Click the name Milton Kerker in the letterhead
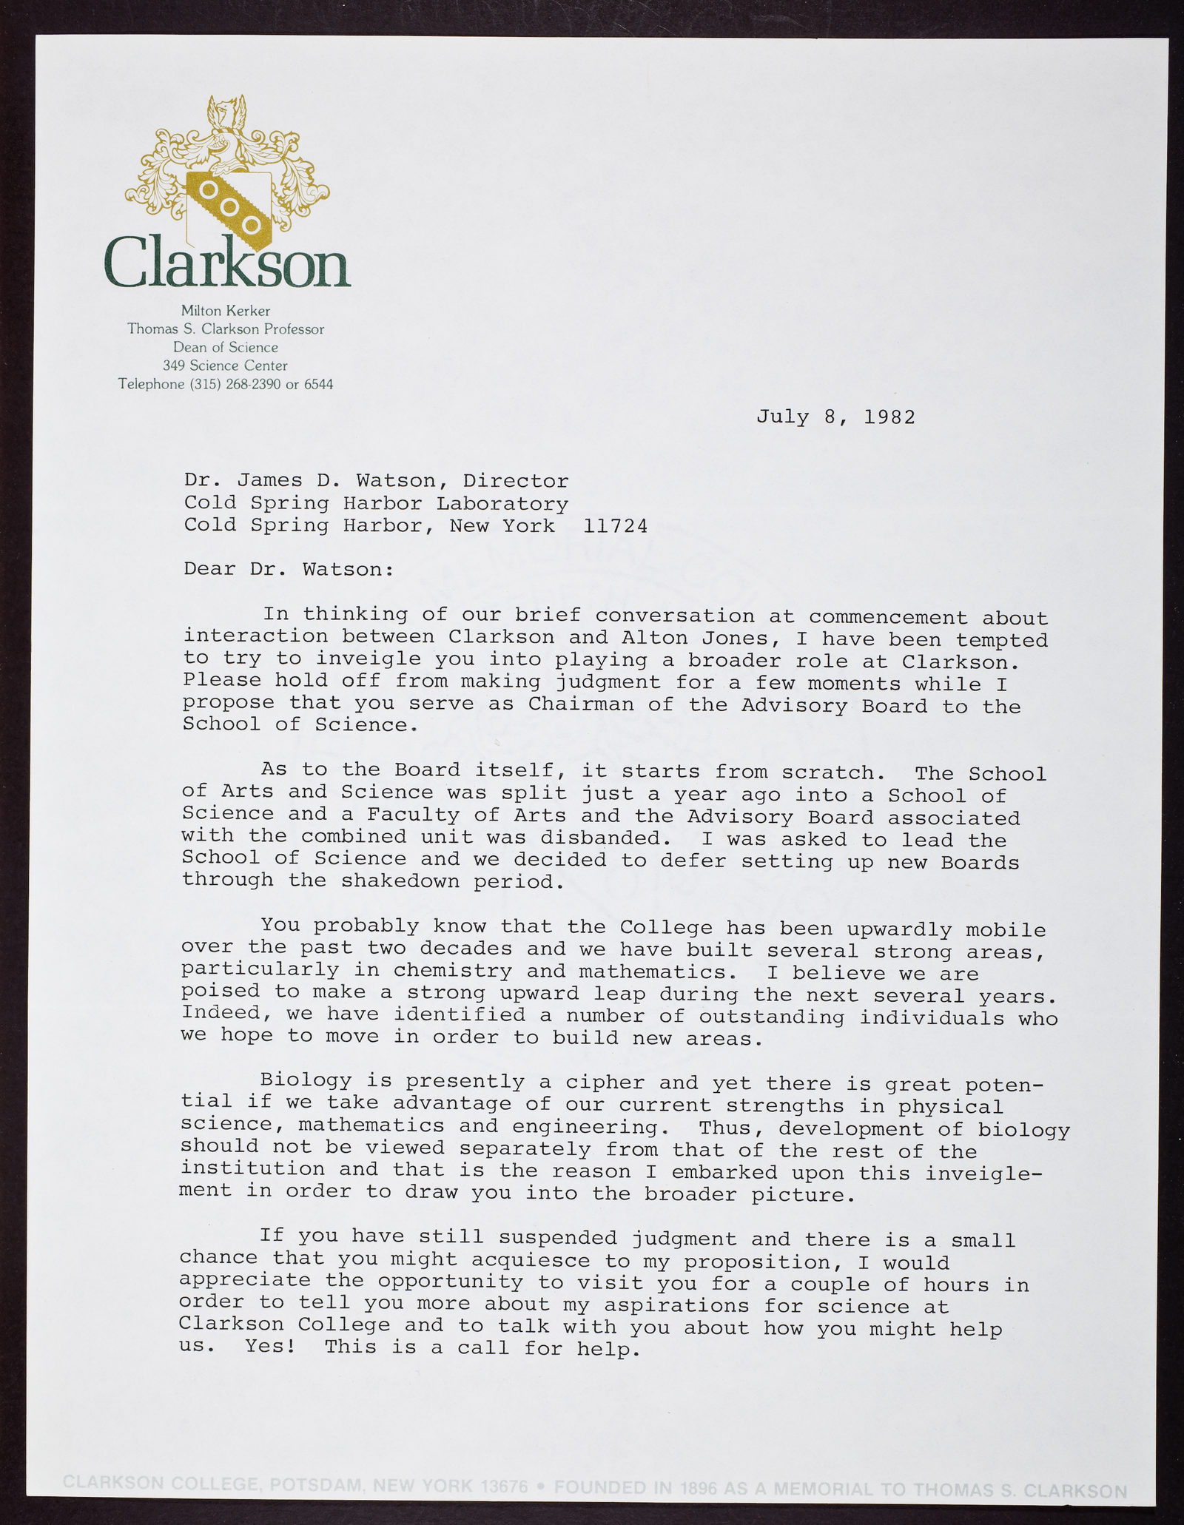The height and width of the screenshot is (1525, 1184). (x=225, y=311)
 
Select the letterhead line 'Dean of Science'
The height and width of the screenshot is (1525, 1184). (x=225, y=347)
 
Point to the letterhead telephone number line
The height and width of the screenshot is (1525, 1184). (x=225, y=384)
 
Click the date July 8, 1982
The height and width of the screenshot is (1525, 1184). (x=835, y=417)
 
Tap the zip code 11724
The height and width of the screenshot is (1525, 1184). (x=615, y=525)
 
